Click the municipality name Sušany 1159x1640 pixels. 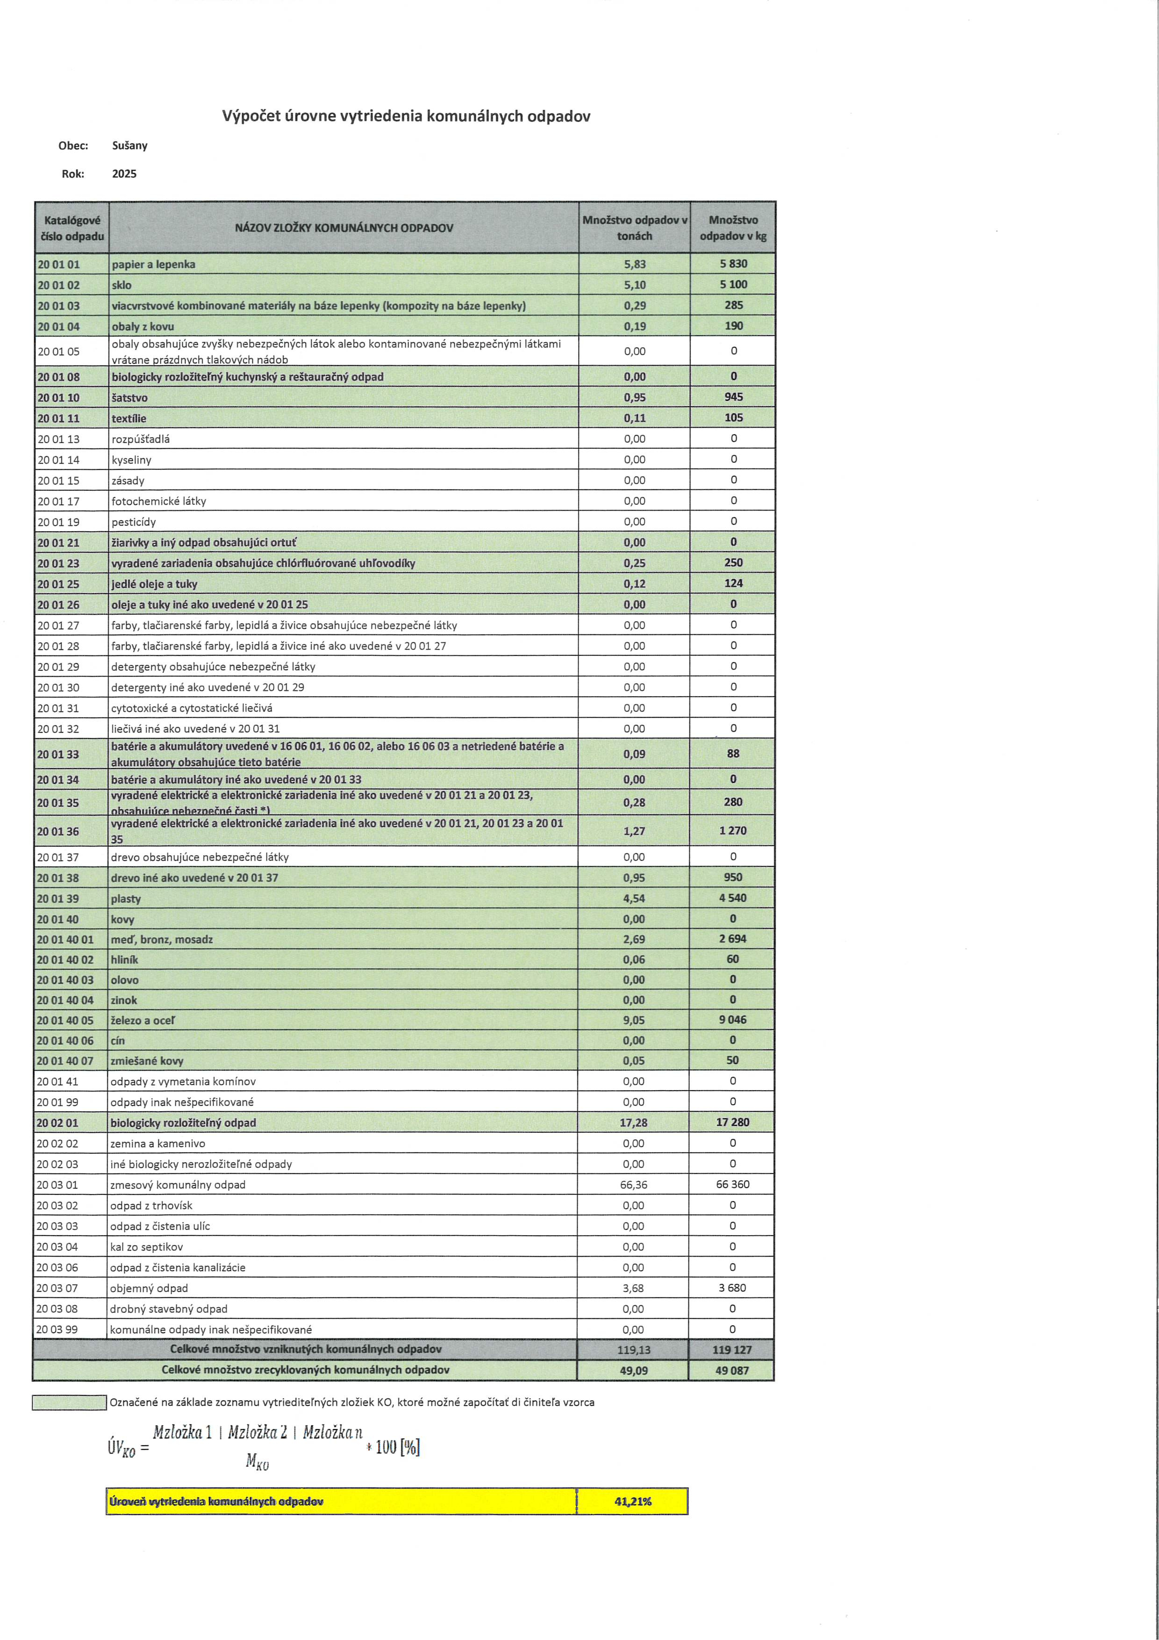(129, 146)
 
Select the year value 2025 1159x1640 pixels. (124, 173)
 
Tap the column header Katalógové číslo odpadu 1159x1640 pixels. (72, 228)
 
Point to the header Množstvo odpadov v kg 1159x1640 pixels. (733, 228)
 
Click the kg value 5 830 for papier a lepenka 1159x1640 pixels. (733, 264)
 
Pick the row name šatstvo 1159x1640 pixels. (129, 398)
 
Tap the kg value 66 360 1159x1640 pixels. (733, 1184)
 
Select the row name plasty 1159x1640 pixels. (126, 899)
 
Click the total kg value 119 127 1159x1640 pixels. (732, 1349)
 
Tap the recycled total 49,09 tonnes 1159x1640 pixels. (633, 1370)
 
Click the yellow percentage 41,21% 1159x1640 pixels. (633, 1502)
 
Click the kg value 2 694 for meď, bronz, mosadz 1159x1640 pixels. (733, 939)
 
